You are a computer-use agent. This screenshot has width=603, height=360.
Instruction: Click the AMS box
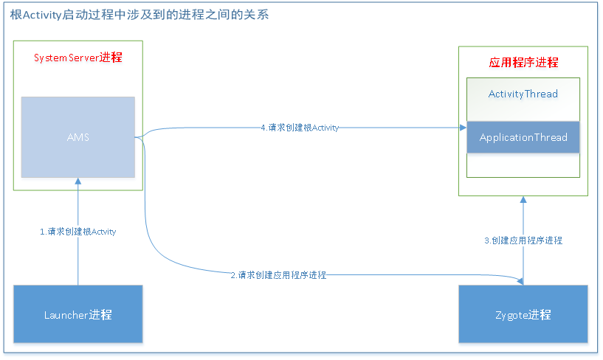77,137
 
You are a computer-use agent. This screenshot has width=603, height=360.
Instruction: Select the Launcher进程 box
77,314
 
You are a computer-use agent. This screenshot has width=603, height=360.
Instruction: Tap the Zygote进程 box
523,314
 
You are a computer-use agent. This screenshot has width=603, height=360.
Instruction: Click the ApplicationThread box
523,137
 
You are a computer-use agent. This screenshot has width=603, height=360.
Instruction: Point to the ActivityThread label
523,94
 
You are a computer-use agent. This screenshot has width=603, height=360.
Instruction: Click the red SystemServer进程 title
77,57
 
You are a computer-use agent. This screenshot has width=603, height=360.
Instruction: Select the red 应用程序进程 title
523,63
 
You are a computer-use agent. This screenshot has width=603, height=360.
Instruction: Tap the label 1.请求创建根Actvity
77,232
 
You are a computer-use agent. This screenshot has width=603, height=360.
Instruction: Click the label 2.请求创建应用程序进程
278,275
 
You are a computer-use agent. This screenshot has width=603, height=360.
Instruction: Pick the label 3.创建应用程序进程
523,240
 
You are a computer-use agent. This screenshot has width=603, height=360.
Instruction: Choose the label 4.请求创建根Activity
300,128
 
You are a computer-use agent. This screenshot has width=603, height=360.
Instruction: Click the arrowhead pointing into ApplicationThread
463,128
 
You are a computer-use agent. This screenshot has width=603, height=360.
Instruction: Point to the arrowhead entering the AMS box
77,181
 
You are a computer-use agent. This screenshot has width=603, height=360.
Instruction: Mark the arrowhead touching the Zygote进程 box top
523,281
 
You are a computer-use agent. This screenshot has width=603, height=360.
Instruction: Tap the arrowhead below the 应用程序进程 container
523,199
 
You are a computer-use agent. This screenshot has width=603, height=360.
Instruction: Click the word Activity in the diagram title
42,15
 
